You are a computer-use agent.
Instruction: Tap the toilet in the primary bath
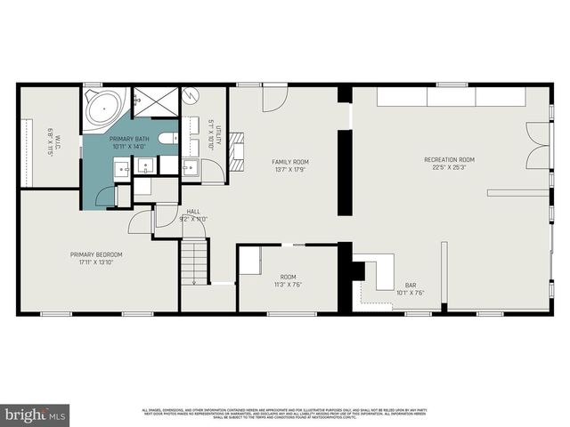(169, 138)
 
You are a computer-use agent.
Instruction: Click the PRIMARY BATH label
(130, 141)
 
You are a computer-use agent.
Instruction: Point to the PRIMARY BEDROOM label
(96, 254)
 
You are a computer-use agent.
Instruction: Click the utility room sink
(190, 165)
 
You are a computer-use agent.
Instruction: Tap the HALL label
(193, 211)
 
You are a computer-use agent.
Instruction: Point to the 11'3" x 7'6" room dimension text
(289, 284)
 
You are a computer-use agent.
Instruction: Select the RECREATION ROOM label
(449, 159)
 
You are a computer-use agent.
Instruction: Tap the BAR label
(411, 285)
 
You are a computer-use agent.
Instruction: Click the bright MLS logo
(36, 415)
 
